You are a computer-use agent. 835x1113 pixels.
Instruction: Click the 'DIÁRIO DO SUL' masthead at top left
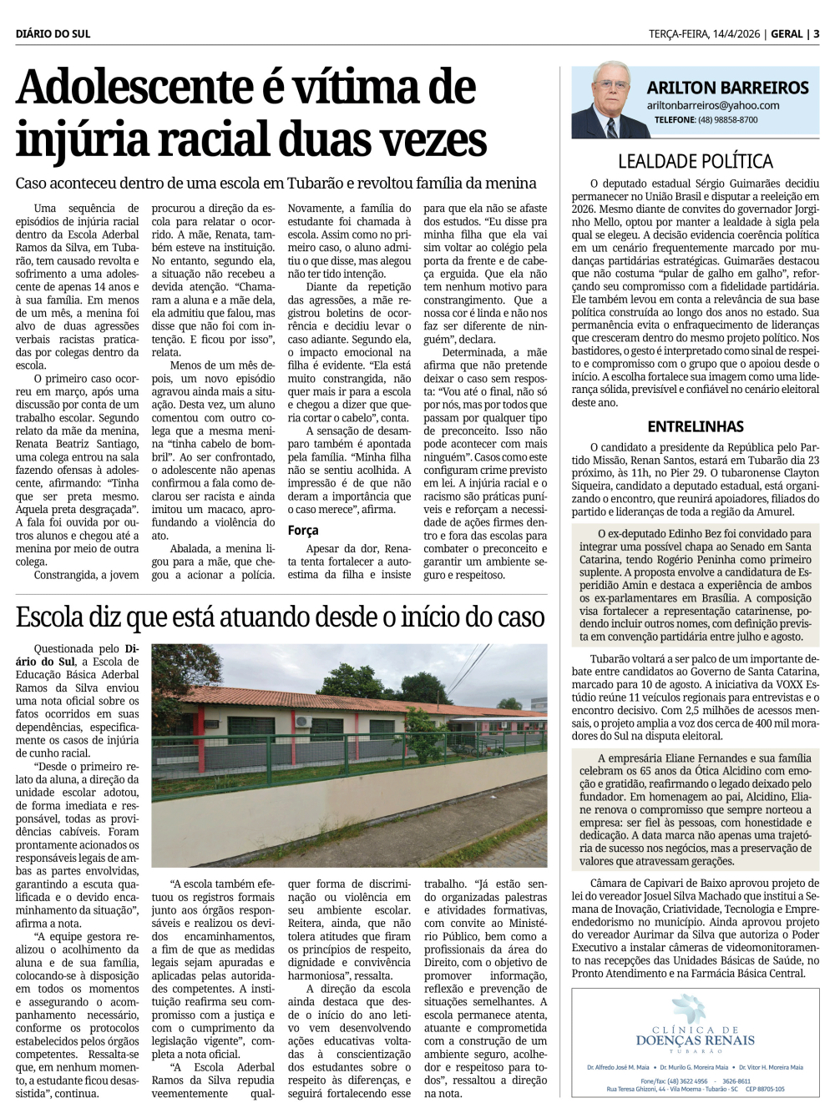coord(53,34)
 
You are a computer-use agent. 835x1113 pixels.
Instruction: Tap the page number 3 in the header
coord(816,34)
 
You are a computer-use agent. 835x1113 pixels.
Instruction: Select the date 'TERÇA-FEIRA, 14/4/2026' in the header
coord(704,34)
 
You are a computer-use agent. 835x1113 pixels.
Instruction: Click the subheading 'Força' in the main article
coord(303,530)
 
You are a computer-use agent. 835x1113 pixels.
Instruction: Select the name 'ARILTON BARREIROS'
coord(727,88)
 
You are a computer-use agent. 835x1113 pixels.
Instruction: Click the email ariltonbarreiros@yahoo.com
coord(712,106)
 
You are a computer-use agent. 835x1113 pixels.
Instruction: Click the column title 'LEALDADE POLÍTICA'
coord(695,161)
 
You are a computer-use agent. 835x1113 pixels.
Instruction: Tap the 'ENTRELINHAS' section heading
coord(695,426)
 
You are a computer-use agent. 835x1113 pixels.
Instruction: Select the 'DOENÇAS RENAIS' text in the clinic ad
coord(695,1040)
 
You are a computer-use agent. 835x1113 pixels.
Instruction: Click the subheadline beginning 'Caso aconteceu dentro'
coord(276,183)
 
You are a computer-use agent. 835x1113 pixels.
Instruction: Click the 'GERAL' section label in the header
coord(787,34)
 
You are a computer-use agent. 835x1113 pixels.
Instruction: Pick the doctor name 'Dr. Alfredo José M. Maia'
coord(618,1067)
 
